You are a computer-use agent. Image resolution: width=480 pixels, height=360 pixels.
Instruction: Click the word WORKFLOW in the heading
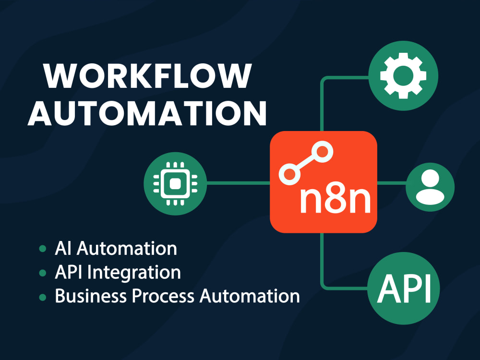point(147,76)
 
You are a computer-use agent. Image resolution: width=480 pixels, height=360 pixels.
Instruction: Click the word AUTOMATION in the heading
point(147,113)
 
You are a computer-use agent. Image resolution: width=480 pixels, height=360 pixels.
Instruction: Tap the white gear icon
point(403,76)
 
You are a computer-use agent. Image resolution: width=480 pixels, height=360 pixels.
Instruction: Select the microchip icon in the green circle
point(175,184)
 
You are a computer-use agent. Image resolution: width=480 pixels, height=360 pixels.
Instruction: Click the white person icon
point(430,187)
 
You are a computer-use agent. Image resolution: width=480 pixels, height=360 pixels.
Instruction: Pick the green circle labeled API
point(404,288)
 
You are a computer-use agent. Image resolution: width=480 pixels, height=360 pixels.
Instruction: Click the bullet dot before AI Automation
point(43,248)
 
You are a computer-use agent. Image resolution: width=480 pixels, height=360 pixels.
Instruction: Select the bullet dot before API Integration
point(43,273)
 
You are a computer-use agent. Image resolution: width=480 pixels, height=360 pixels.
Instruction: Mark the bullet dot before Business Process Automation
point(43,297)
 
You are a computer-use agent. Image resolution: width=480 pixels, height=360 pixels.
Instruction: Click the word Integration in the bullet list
point(134,273)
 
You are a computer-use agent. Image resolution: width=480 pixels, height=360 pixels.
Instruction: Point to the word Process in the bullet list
point(163,296)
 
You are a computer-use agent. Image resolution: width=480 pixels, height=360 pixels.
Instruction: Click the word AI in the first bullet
point(63,248)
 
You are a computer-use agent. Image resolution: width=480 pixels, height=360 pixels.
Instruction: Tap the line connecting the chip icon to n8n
point(238,183)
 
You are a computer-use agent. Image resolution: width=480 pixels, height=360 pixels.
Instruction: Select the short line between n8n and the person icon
point(392,183)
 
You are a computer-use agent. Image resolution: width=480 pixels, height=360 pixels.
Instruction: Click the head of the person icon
point(430,179)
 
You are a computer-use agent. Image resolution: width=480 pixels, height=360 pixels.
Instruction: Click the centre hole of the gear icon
point(403,76)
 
